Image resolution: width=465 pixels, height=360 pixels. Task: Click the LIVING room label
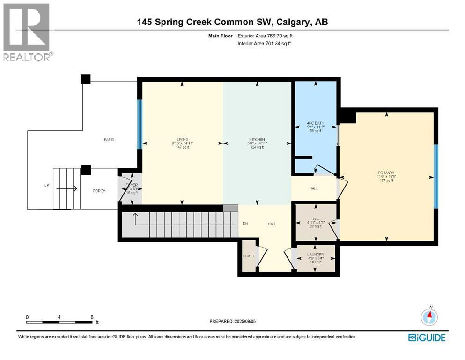click(x=182, y=139)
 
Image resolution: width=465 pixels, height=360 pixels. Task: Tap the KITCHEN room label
click(x=257, y=139)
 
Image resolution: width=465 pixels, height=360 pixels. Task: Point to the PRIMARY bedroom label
click(x=386, y=172)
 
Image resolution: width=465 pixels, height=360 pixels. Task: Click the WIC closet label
click(x=315, y=217)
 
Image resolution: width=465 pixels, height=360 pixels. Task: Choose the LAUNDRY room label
click(x=315, y=255)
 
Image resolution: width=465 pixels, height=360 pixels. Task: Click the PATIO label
click(x=110, y=140)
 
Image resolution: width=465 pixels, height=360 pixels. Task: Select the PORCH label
click(x=99, y=191)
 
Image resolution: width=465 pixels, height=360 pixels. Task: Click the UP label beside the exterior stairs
click(x=46, y=186)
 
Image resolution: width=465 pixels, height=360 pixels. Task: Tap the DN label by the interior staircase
click(x=244, y=224)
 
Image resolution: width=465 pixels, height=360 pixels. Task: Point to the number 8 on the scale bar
click(x=92, y=317)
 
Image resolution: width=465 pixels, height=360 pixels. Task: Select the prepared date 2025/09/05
click(x=249, y=321)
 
